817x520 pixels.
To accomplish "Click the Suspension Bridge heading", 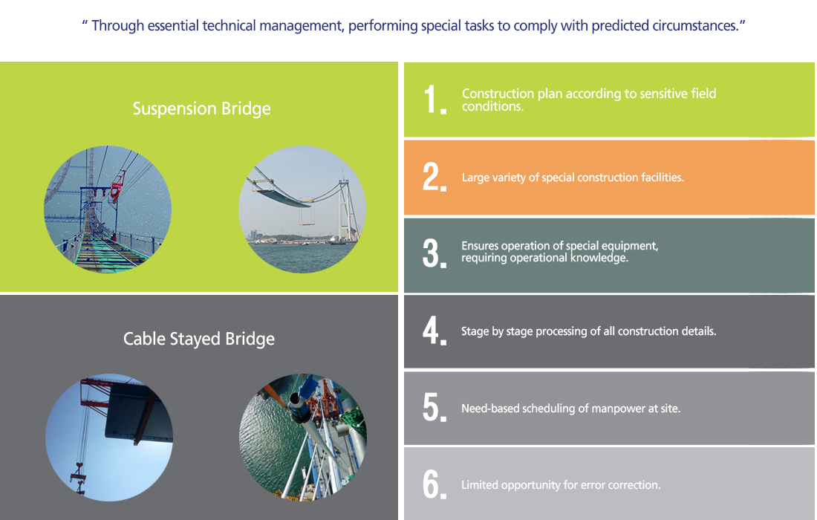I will click(201, 108).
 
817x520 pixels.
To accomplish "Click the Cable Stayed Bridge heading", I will click(198, 339).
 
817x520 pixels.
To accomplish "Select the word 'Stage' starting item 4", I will click(475, 331).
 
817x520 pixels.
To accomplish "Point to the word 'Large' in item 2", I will click(475, 178).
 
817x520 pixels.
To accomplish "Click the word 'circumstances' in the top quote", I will click(696, 25).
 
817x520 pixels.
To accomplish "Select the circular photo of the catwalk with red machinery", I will click(108, 209).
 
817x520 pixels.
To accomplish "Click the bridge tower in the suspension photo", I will click(345, 208).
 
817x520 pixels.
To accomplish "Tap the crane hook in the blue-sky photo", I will click(78, 476).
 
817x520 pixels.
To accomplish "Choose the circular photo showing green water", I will click(302, 437).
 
